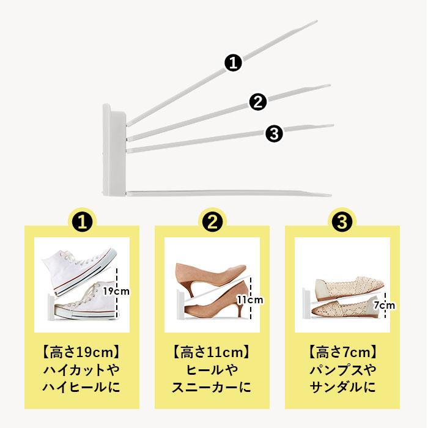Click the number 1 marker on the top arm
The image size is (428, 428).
click(233, 62)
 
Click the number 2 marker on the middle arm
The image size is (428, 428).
click(257, 102)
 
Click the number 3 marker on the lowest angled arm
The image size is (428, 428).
click(275, 133)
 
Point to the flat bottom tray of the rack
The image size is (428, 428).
click(226, 193)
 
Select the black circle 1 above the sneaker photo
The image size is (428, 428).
click(82, 221)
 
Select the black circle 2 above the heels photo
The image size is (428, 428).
click(212, 221)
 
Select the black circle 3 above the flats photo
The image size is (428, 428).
click(342, 221)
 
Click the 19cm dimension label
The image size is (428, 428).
click(116, 291)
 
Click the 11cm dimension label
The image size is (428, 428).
click(249, 300)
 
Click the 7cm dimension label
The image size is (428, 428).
click(384, 304)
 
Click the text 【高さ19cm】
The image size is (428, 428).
click(81, 353)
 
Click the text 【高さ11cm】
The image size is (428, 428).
click(212, 353)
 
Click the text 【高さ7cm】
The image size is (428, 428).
click(342, 353)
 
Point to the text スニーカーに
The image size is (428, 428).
click(212, 388)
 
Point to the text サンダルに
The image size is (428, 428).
click(342, 388)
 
